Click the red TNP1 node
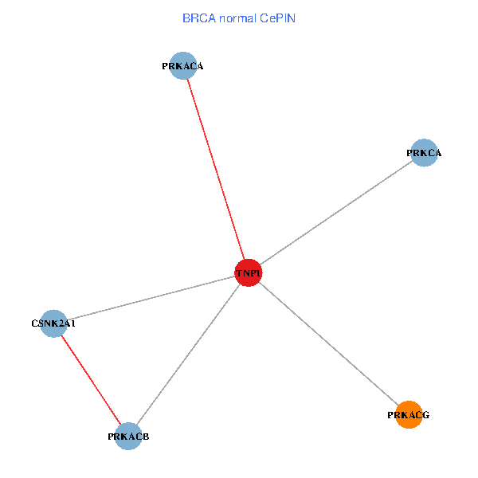[x=249, y=272]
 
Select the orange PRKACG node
[x=409, y=414]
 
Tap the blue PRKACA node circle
[x=183, y=66]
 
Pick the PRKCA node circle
[x=425, y=152]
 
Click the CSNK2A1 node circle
[x=53, y=323]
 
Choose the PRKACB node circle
[x=128, y=437]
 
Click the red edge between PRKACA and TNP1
[x=216, y=169]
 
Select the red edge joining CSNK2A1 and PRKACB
[x=91, y=380]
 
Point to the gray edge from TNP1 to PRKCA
[x=336, y=213]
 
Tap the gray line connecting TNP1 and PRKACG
[x=328, y=343]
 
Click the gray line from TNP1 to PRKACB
[x=189, y=355]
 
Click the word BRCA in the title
[x=198, y=18]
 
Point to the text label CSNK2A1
[x=53, y=324]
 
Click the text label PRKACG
[x=409, y=415]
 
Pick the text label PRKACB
[x=128, y=437]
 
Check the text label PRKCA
[x=424, y=153]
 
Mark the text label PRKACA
[x=182, y=67]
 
